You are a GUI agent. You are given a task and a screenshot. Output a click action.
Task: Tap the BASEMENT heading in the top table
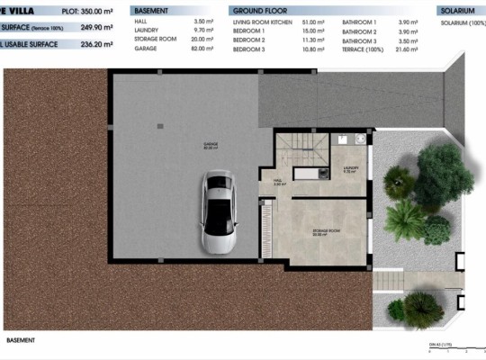pyautogui.click(x=153, y=11)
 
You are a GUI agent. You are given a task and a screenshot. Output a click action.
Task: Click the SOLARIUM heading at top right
pyautogui.click(x=457, y=11)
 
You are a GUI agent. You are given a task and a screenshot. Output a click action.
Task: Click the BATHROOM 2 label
pyautogui.click(x=360, y=31)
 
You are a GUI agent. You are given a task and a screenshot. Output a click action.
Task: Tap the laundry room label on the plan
pyautogui.click(x=351, y=168)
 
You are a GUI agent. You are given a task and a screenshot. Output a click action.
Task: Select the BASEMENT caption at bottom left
pyautogui.click(x=20, y=340)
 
